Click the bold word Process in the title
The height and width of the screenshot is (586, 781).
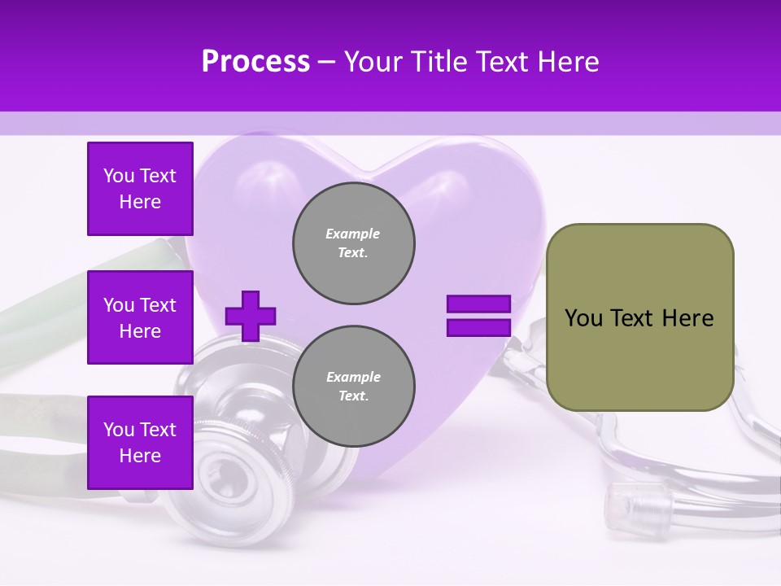click(255, 62)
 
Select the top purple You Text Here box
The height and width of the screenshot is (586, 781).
click(140, 189)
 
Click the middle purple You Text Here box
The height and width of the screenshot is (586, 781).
click(140, 317)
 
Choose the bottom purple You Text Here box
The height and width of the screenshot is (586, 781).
click(140, 443)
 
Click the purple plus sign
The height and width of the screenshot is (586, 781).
click(251, 316)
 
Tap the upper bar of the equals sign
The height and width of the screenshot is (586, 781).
click(478, 304)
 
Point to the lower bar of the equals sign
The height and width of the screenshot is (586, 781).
click(478, 327)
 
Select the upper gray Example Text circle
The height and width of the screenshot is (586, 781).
click(353, 243)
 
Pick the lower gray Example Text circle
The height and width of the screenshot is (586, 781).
click(353, 386)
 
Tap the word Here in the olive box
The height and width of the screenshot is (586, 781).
click(688, 318)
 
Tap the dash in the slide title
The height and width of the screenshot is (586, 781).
click(325, 63)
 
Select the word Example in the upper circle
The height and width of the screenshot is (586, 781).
click(353, 234)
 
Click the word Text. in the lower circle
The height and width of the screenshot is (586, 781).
click(353, 396)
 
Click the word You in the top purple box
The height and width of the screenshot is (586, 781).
click(118, 176)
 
